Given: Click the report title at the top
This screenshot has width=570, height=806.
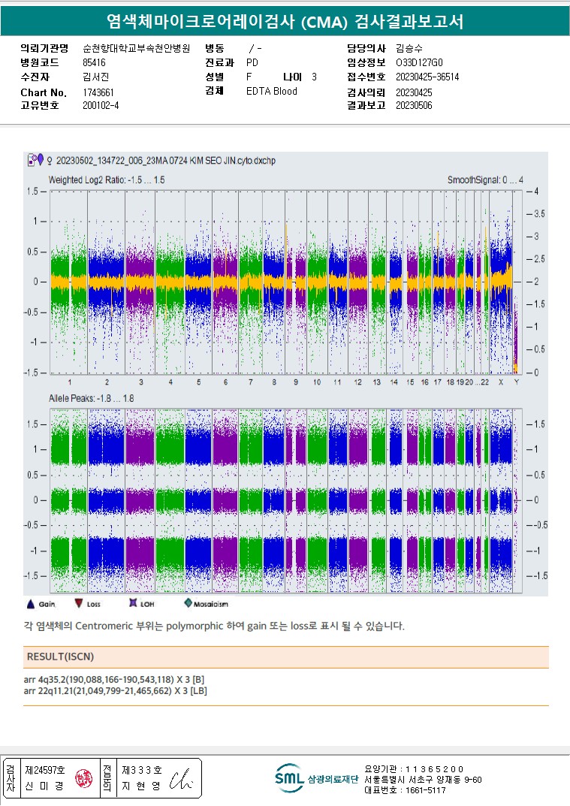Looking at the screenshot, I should [285, 22].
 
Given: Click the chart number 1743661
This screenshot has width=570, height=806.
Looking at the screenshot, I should [98, 92].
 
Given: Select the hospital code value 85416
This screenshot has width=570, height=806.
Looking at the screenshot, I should [94, 62].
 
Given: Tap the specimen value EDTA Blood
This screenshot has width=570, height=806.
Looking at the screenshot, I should [271, 92].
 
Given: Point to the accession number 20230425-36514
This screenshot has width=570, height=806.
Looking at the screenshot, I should [427, 77].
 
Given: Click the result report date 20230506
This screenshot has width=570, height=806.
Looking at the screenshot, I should [413, 106].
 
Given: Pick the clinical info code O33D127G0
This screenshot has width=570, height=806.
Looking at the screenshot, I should [419, 62].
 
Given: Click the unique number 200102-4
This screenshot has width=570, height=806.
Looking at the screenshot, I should [101, 105].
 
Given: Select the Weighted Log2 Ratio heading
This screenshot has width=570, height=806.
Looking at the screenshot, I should [107, 180].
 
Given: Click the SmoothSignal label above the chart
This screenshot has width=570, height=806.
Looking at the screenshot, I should [485, 180].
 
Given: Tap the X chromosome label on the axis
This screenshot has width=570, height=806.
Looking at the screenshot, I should [501, 382].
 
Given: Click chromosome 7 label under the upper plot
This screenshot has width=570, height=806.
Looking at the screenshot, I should [251, 382].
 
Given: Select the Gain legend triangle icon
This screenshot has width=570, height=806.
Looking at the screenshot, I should [31, 603].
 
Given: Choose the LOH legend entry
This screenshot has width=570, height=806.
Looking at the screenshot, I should [140, 603].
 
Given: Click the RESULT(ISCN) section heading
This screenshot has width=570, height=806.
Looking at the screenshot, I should [61, 657].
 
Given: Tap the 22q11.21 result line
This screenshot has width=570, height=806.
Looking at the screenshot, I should [118, 690].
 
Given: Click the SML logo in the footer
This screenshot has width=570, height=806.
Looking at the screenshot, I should [289, 778].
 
